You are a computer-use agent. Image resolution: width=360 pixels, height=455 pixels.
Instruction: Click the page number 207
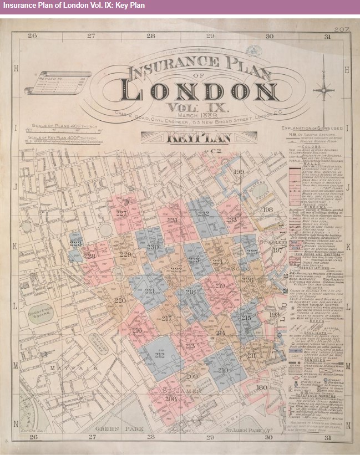[341, 29]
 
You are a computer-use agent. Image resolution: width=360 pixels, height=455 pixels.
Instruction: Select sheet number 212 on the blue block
[160, 355]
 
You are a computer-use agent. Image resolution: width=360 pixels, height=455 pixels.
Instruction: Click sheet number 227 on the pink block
[121, 213]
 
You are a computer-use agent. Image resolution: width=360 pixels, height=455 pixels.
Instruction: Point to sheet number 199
[239, 172]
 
